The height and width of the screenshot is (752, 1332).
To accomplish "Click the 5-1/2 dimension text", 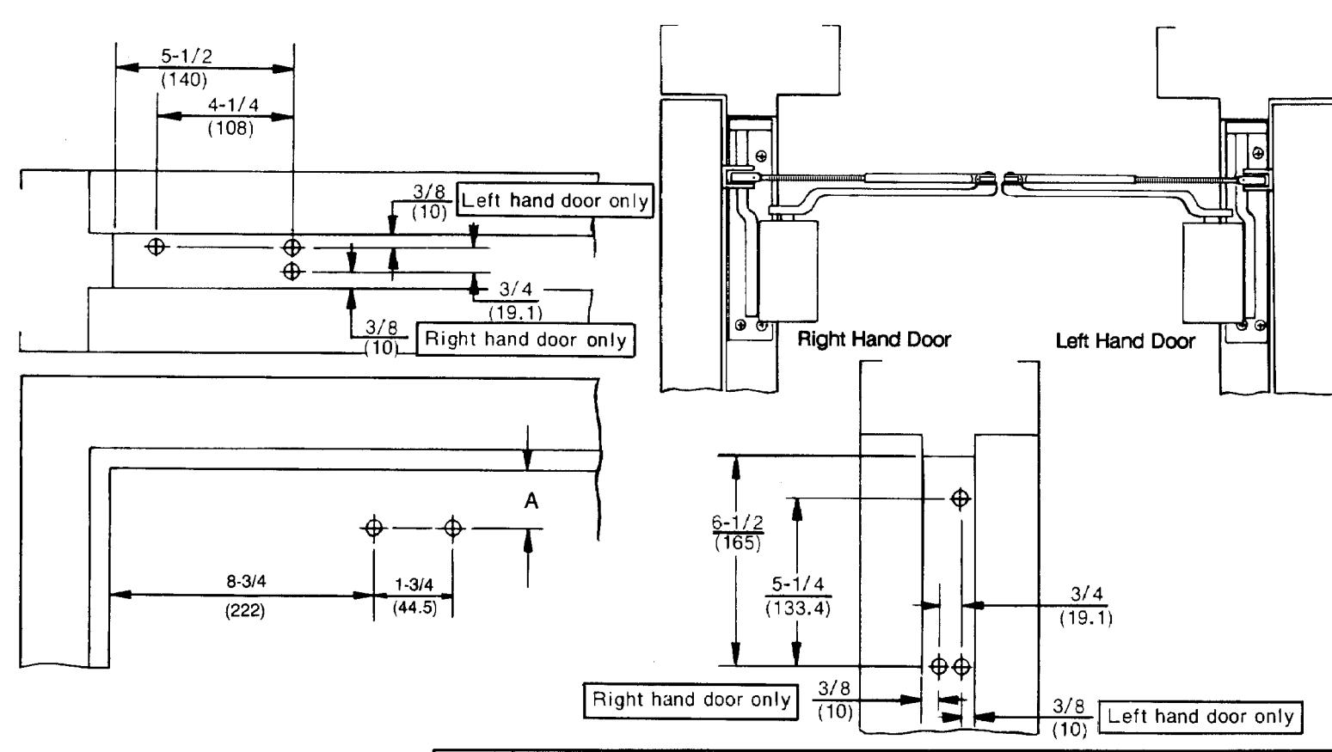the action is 186,57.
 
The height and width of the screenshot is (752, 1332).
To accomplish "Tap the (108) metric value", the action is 230,128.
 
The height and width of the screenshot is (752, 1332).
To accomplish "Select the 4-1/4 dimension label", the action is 233,105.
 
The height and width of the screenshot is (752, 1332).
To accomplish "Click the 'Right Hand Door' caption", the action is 874,339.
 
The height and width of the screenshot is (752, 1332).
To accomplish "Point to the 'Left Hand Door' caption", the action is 1125,341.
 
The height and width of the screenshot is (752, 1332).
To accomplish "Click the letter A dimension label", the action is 531,501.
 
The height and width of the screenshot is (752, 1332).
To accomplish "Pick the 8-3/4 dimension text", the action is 246,581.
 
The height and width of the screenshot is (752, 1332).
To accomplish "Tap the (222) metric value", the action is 244,610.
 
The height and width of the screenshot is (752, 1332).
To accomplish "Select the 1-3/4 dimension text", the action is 414,585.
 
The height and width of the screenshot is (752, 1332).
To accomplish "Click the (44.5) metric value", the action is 414,608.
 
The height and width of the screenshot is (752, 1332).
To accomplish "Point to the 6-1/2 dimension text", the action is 737,522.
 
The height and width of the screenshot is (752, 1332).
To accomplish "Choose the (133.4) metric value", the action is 798,608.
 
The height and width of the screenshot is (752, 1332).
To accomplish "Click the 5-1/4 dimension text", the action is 798,584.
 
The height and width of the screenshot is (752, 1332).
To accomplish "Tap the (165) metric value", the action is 737,543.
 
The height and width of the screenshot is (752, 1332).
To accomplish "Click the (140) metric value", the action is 184,80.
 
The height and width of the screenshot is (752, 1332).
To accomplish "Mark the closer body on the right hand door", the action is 788,271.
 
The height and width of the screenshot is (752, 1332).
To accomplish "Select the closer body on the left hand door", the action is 1213,272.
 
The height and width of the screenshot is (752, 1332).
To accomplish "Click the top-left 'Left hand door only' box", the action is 554,200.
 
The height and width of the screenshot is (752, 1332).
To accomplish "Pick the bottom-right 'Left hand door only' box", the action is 1200,717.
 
